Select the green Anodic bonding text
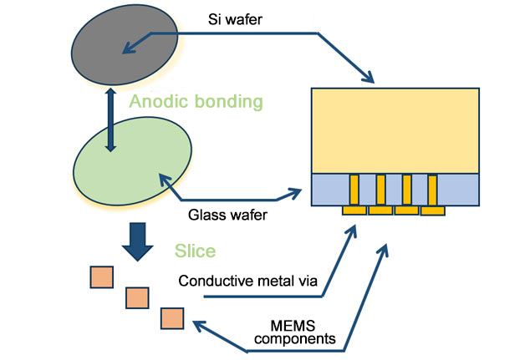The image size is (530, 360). (x=196, y=103)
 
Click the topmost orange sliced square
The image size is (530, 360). (x=102, y=276)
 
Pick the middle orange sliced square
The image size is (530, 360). (x=136, y=297)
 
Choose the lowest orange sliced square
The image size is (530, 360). (x=172, y=318)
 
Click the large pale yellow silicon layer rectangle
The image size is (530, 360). (x=394, y=129)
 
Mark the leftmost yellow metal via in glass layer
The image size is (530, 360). (x=354, y=190)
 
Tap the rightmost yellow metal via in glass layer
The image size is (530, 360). (x=433, y=190)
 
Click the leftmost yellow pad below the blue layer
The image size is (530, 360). (x=354, y=210)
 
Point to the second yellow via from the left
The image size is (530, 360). (x=380, y=190)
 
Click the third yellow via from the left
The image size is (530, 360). (x=407, y=190)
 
